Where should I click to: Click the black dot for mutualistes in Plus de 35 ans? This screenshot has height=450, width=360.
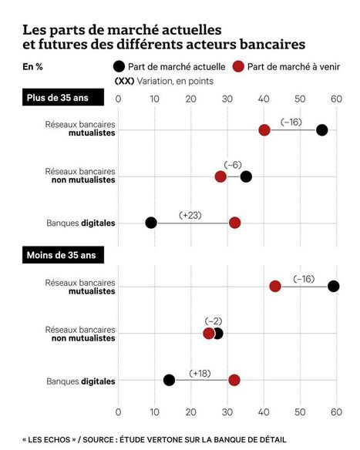click(322, 130)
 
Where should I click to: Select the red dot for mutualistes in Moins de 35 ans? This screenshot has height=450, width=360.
click(275, 286)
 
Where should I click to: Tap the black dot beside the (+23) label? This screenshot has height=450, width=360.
click(151, 223)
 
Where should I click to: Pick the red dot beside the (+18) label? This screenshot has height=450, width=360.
click(234, 379)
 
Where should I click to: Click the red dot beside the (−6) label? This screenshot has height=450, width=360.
click(220, 176)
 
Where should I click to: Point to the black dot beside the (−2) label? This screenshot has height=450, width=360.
click(218, 334)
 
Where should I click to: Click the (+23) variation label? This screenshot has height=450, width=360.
click(190, 214)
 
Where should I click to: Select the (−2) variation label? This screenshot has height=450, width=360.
click(214, 321)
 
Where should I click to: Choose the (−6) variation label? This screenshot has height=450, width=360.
click(233, 165)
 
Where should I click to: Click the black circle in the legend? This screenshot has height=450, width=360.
click(119, 66)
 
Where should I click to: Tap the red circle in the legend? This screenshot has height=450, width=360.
click(239, 66)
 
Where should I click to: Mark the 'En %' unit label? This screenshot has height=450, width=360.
click(33, 67)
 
